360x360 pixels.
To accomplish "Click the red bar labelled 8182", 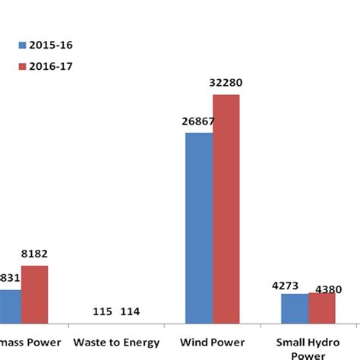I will pos(34,296).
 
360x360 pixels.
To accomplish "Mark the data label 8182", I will pos(34,254).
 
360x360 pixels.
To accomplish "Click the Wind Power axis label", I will pos(213,342).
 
